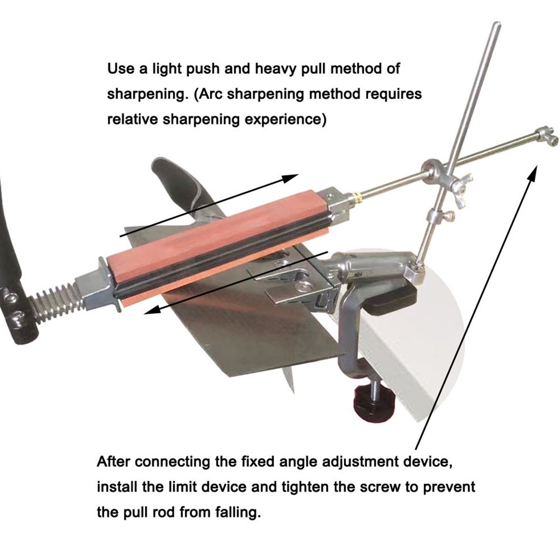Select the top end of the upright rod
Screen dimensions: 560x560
coord(497,24)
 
